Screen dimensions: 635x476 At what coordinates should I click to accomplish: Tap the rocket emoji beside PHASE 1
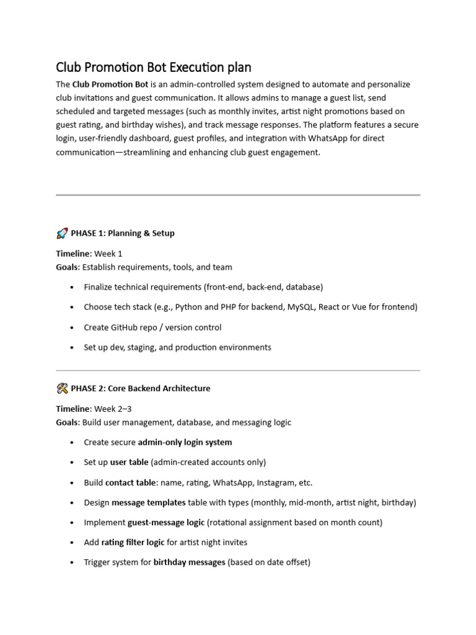(62, 234)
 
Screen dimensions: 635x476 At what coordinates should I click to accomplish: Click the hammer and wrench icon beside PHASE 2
(62, 389)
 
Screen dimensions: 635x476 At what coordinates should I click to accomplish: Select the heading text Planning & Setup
(141, 234)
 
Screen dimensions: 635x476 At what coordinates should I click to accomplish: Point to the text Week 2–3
(113, 409)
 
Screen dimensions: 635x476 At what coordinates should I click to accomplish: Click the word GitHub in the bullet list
(127, 327)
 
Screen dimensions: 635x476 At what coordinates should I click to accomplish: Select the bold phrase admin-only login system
(185, 442)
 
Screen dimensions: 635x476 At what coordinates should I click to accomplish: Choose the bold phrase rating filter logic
(133, 542)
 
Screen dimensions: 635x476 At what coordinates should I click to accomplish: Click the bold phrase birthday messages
(189, 562)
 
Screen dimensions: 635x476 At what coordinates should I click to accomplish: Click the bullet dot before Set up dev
(73, 347)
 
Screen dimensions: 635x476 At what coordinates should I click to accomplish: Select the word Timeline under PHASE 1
(73, 254)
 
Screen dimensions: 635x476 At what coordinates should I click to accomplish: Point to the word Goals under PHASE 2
(67, 422)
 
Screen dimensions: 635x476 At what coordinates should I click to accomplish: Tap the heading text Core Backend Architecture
(159, 389)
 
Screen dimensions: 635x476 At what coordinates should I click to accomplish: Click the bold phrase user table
(129, 462)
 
